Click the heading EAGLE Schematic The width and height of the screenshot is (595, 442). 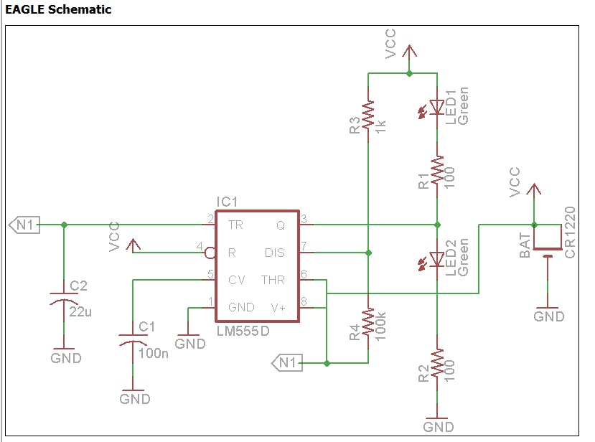(x=58, y=10)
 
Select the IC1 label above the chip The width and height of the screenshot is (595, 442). (x=227, y=202)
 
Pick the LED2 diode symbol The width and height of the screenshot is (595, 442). (x=436, y=258)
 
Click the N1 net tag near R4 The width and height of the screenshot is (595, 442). (x=286, y=363)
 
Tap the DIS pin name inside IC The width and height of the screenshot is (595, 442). (x=275, y=253)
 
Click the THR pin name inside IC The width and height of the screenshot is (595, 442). (x=273, y=279)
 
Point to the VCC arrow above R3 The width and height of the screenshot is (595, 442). (x=409, y=52)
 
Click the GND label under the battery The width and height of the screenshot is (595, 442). (x=549, y=316)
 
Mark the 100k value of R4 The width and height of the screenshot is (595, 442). (x=380, y=324)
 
